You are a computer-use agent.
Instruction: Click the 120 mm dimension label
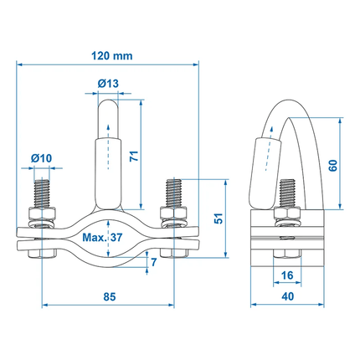(x=112, y=56)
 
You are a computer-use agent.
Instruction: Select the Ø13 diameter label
(x=108, y=84)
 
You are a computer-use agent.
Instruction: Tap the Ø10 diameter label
(x=41, y=158)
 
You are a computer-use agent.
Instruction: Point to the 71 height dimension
(x=134, y=156)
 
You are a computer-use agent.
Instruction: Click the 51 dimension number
(x=219, y=219)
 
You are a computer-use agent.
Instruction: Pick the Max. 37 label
(x=102, y=238)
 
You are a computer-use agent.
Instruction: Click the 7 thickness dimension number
(x=154, y=262)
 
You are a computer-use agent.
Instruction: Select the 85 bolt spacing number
(x=110, y=296)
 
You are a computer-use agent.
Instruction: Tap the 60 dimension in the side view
(x=333, y=166)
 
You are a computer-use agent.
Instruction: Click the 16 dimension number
(x=287, y=275)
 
